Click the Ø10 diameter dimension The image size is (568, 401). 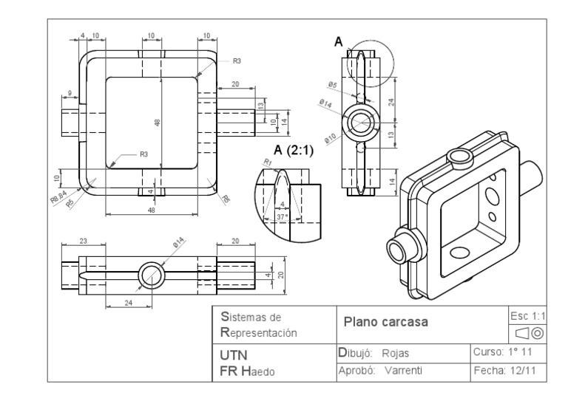331,138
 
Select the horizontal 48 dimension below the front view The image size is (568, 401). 152,210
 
